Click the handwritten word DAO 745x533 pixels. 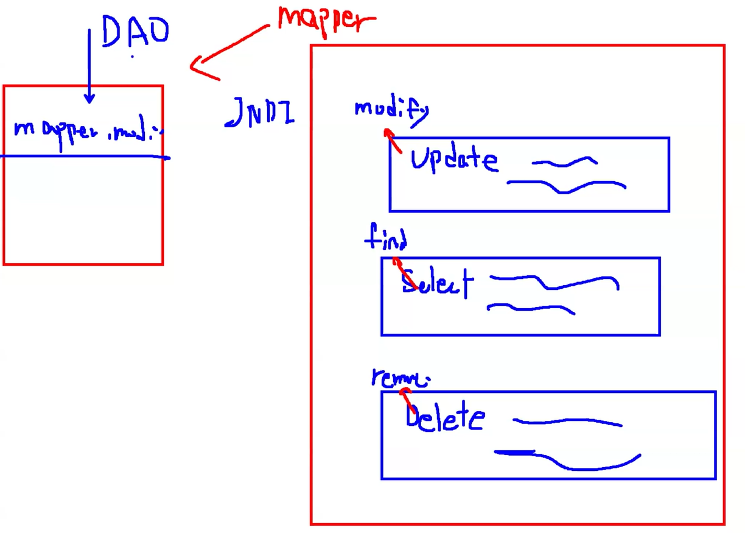(135, 32)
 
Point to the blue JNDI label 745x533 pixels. (260, 113)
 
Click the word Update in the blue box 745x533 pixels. (453, 160)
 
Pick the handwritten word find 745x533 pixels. (386, 238)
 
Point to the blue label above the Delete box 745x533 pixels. (400, 378)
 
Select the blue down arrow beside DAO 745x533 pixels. (89, 67)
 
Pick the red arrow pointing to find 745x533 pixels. (404, 274)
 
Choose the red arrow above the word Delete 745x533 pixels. (406, 397)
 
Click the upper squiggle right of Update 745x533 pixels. (564, 162)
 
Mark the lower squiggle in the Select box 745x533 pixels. (530, 309)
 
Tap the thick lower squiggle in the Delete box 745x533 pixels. (566, 461)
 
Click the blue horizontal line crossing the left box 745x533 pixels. (85, 157)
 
